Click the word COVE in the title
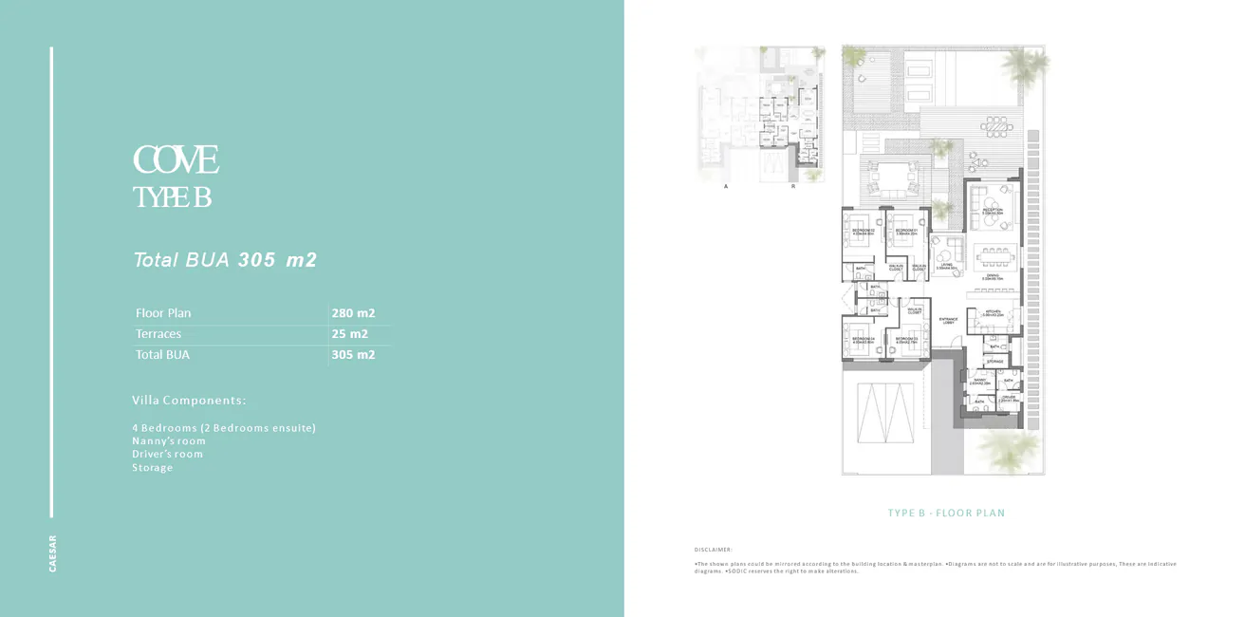tap(177, 160)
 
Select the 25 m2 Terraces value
tap(350, 334)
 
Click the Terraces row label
tap(158, 334)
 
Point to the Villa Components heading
tap(189, 401)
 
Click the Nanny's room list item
tap(169, 440)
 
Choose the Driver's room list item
tap(167, 454)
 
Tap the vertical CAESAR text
tap(53, 553)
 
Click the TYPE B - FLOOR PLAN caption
tap(946, 514)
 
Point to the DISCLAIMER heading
tap(714, 550)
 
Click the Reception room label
tap(993, 211)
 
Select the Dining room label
tap(993, 276)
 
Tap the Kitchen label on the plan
tap(993, 312)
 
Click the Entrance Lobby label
tap(948, 321)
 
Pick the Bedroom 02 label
tap(862, 232)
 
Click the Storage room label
tap(994, 362)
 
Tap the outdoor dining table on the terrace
tap(996, 125)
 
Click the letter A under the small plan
tap(726, 187)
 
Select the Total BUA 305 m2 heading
tap(225, 259)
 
